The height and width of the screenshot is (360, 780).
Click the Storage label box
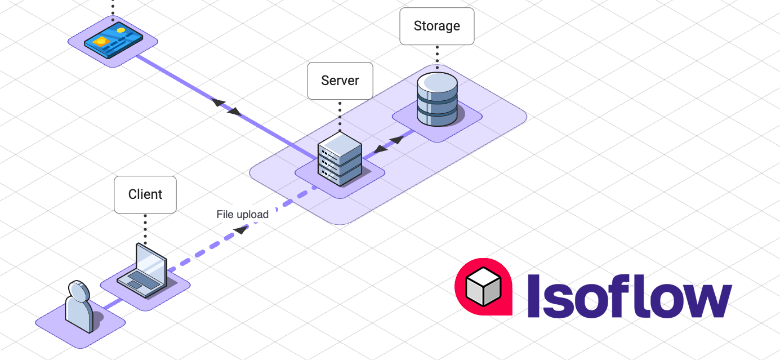tap(436, 26)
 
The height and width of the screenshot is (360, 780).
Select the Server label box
tap(340, 81)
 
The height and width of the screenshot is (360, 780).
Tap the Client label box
tap(145, 194)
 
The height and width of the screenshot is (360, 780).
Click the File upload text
tap(242, 215)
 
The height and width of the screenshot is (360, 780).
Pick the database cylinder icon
tap(437, 99)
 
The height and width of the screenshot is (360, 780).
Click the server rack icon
tap(339, 159)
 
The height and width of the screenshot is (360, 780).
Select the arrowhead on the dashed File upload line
tap(240, 229)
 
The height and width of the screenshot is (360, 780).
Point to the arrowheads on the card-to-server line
tap(226, 107)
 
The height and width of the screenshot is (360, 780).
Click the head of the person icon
tap(79, 291)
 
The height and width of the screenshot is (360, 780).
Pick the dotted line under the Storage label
tap(437, 54)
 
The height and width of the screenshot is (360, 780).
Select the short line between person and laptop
tap(112, 305)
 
